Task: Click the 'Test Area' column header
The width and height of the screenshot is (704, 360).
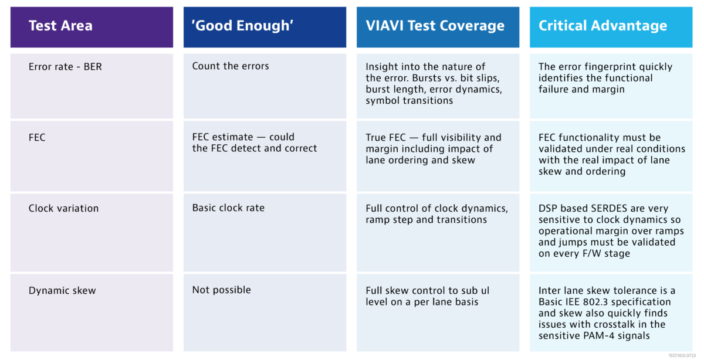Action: click(60, 25)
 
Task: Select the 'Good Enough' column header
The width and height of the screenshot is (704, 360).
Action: click(243, 25)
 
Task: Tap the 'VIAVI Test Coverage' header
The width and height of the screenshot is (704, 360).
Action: click(435, 25)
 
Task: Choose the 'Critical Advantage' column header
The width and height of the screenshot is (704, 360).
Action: click(603, 25)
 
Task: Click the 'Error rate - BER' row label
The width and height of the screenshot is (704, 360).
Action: click(65, 67)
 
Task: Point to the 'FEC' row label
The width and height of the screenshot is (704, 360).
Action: click(37, 137)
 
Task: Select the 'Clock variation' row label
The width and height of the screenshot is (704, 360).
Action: click(63, 208)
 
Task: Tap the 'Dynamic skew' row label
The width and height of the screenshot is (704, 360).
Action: click(62, 291)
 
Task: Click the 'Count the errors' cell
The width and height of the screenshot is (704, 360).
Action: click(231, 66)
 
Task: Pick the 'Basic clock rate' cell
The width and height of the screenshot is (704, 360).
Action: click(228, 208)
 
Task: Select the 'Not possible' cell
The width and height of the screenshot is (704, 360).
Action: click(222, 290)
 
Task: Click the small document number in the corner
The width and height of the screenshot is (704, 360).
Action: click(682, 355)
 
